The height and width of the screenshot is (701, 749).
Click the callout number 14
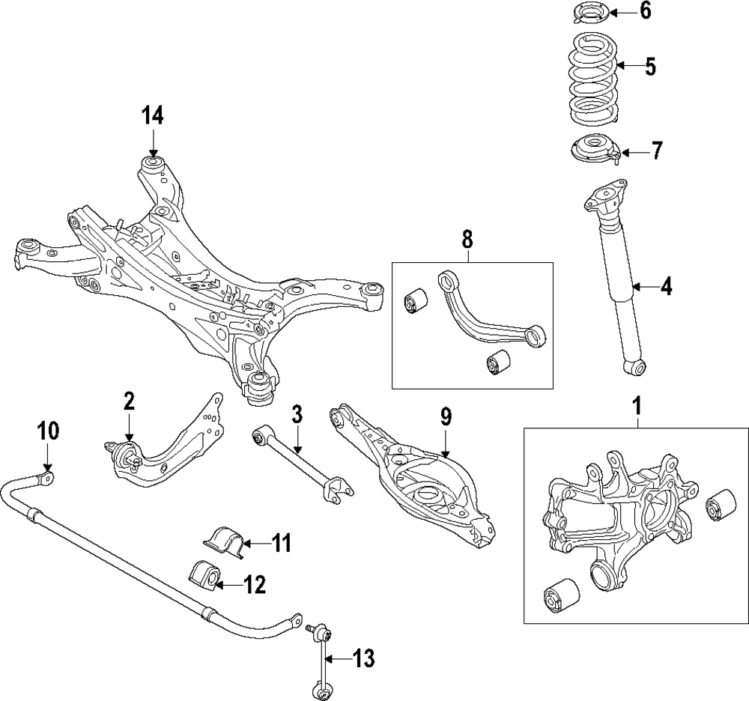coord(153,115)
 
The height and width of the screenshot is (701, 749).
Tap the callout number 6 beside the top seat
coord(645,11)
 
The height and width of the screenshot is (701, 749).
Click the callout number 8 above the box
coord(467,239)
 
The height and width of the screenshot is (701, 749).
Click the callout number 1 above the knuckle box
coord(638,407)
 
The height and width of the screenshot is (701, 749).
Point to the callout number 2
coord(129,401)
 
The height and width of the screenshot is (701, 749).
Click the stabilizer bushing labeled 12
coord(205,575)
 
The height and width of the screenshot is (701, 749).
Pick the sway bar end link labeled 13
coord(321,659)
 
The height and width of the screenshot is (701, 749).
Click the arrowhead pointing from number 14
coord(153,151)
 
